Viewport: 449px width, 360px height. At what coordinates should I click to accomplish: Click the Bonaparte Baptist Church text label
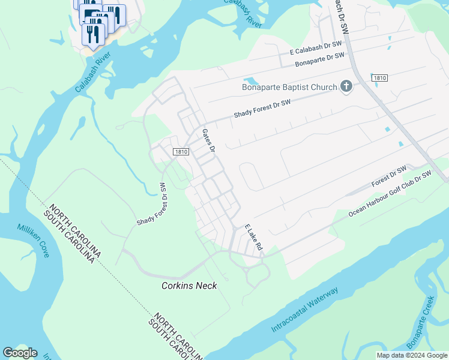coord(289,88)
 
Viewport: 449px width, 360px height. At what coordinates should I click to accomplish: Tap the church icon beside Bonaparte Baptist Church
coord(346,88)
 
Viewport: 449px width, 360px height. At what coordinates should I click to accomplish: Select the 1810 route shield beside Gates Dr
coord(181,152)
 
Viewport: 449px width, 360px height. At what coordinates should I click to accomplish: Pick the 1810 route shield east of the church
coord(379,78)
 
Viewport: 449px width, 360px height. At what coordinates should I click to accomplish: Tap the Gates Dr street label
coord(209,142)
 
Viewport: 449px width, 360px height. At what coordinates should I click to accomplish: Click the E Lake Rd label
coord(255,238)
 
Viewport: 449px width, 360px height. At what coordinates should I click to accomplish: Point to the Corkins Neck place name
coord(189,286)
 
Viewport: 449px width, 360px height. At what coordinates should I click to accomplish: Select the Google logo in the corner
coord(20,353)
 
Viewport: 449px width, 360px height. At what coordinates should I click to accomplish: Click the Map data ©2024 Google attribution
coord(412,355)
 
